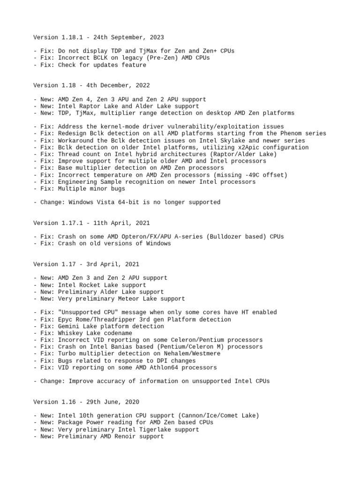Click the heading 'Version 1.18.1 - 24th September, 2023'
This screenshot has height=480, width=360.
point(98,37)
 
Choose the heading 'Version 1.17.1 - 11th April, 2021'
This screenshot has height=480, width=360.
point(91,223)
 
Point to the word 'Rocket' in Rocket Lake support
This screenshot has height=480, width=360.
point(92,285)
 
